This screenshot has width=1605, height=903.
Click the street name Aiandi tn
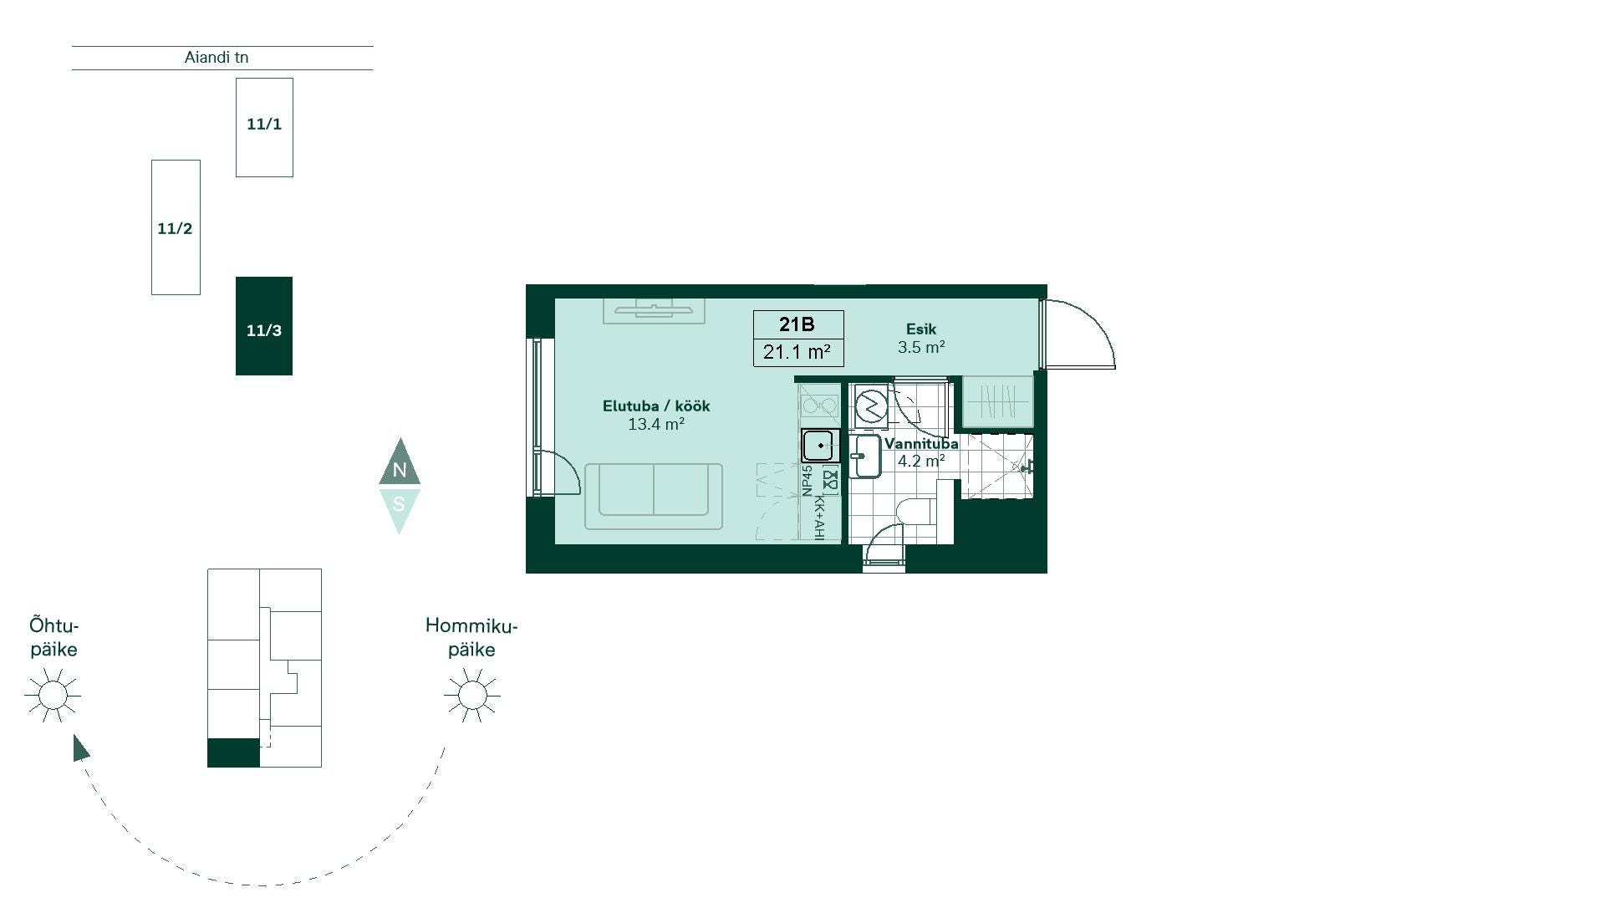pyautogui.click(x=217, y=58)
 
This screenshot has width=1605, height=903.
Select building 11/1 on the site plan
pyautogui.click(x=264, y=127)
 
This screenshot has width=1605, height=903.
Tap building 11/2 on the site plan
pyautogui.click(x=176, y=227)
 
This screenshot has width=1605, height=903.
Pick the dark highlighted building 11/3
pyautogui.click(x=264, y=326)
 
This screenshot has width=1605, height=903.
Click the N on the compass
pyautogui.click(x=400, y=470)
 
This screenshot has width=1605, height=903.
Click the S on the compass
pyautogui.click(x=399, y=504)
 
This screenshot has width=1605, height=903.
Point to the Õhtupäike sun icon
pyautogui.click(x=53, y=695)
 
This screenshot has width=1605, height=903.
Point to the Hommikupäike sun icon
pyautogui.click(x=472, y=695)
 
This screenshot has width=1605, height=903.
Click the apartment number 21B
pyautogui.click(x=797, y=324)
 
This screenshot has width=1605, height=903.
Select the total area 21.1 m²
pyautogui.click(x=797, y=352)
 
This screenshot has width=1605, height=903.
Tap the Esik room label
pyautogui.click(x=921, y=329)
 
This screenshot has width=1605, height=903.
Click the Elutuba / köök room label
pyautogui.click(x=656, y=406)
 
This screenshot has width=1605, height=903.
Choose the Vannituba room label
pyautogui.click(x=921, y=444)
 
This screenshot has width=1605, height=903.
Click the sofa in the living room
pyautogui.click(x=654, y=496)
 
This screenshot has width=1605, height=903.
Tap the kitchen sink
pyautogui.click(x=821, y=446)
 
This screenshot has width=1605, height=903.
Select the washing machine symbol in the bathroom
pyautogui.click(x=871, y=406)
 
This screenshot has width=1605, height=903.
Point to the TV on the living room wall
pyautogui.click(x=654, y=310)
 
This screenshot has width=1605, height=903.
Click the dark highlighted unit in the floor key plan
pyautogui.click(x=233, y=752)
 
